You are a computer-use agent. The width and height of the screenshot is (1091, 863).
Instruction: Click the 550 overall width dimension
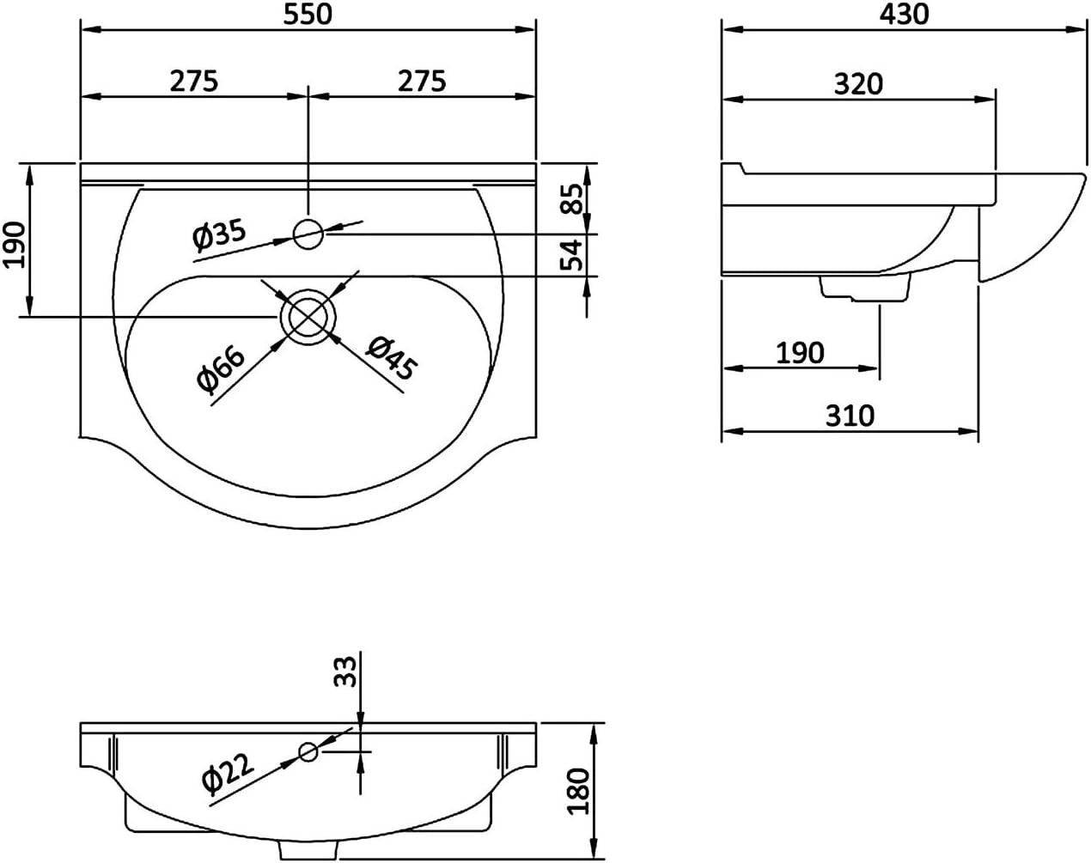308,14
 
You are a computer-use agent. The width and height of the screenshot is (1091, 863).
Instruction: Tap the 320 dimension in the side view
858,83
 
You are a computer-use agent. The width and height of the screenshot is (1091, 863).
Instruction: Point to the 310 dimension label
850,416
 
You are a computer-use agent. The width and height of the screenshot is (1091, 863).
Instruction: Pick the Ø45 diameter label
392,358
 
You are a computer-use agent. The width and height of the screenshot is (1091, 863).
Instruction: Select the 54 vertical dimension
572,255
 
